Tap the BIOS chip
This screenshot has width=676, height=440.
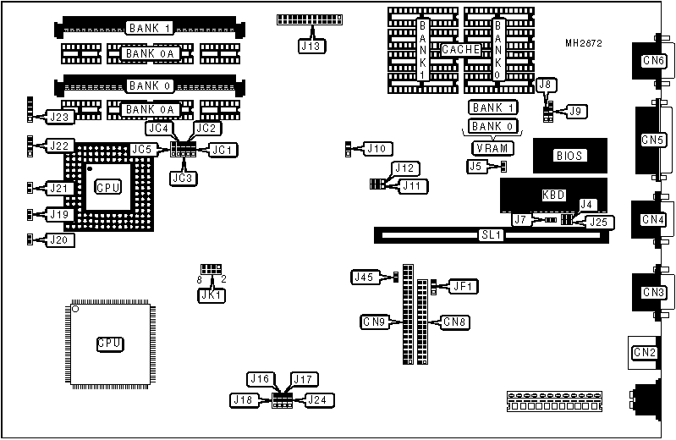[569, 156]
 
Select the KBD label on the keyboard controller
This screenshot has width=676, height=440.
[553, 195]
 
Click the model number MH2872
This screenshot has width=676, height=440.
[584, 42]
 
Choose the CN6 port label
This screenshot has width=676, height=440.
[653, 61]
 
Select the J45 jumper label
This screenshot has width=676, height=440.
[364, 277]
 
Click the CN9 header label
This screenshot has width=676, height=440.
[375, 322]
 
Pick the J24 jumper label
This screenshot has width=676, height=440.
[318, 399]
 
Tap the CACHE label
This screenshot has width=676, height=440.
[461, 50]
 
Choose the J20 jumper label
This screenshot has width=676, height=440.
[59, 240]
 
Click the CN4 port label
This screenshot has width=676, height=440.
[653, 219]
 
